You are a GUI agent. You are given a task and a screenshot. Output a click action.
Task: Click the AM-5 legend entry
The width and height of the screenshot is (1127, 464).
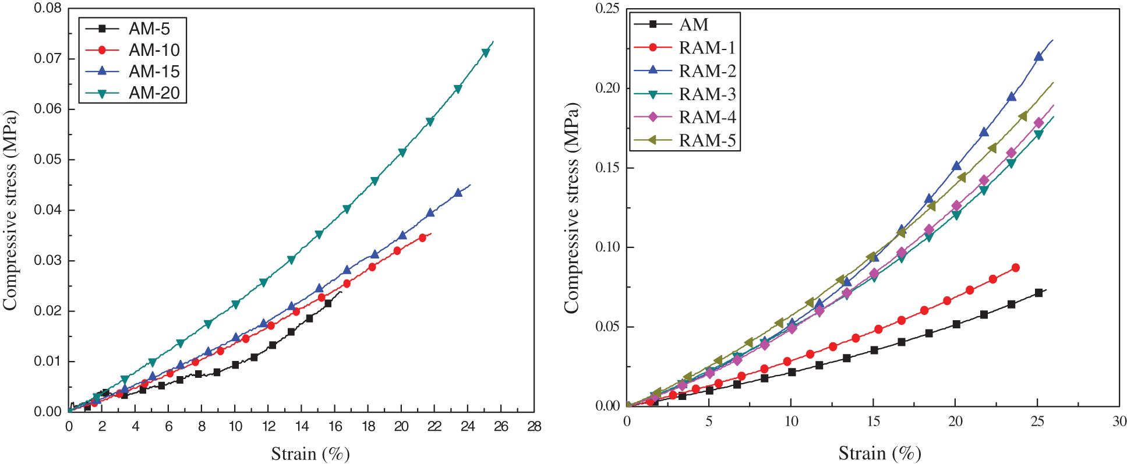(x=149, y=29)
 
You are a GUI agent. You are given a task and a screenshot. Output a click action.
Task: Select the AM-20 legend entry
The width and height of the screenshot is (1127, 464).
(x=154, y=93)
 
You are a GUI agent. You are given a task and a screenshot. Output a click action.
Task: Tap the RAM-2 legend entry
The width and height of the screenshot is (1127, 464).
(x=707, y=71)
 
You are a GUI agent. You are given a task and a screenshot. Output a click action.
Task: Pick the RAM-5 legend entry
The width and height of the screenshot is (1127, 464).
(x=707, y=141)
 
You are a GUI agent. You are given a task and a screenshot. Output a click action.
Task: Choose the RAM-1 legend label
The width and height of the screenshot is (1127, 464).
(x=707, y=48)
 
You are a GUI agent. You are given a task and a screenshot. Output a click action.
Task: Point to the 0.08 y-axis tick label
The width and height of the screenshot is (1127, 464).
(x=48, y=9)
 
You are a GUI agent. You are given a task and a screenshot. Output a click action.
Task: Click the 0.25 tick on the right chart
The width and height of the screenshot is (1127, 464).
(x=607, y=9)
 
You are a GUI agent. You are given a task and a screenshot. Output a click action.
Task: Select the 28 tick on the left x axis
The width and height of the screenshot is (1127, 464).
(x=534, y=427)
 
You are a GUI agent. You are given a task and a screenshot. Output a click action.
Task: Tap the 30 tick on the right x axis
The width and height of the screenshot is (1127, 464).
(x=1119, y=422)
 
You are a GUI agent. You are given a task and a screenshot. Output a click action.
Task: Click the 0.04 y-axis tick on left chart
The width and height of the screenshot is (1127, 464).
(x=48, y=210)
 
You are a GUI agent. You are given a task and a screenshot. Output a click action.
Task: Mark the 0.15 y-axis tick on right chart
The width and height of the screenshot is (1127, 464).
(x=607, y=168)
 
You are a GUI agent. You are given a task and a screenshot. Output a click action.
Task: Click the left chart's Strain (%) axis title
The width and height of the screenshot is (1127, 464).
(x=310, y=454)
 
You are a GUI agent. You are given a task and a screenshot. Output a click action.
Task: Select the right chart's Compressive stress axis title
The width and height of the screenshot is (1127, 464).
(x=571, y=208)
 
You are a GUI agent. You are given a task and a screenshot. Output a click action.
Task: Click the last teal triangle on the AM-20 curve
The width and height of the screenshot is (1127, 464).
(x=486, y=53)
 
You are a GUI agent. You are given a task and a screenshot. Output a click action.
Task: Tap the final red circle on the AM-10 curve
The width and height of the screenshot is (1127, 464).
(x=422, y=238)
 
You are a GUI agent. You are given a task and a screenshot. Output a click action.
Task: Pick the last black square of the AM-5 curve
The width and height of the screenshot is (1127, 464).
(x=328, y=303)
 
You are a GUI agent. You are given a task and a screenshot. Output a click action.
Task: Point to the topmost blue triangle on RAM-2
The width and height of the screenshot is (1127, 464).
(x=1038, y=56)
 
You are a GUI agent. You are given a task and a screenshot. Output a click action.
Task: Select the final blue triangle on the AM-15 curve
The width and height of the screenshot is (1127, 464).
(x=458, y=192)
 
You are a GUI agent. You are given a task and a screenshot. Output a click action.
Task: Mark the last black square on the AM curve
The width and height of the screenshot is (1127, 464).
(x=1038, y=293)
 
